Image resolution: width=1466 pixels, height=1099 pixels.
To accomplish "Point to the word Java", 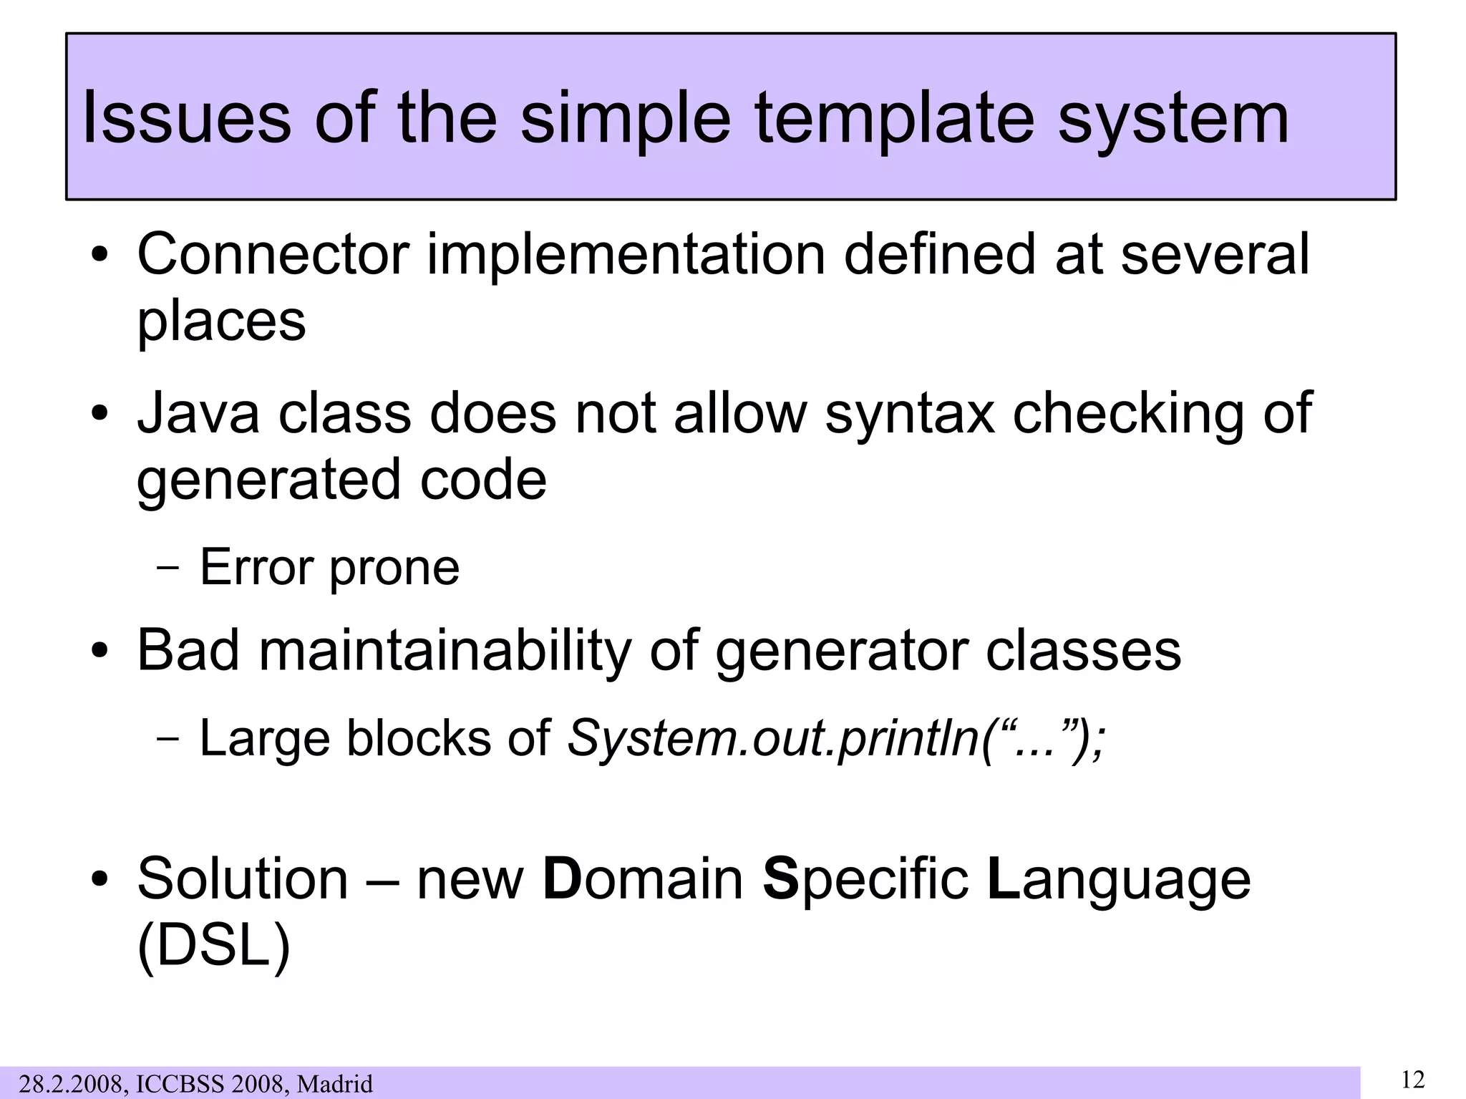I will pyautogui.click(x=198, y=413).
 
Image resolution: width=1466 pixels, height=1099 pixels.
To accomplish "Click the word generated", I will pyautogui.click(x=268, y=480).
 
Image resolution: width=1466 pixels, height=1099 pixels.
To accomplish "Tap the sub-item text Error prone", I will pyautogui.click(x=329, y=567).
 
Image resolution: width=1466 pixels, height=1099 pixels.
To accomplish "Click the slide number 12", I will pyautogui.click(x=1412, y=1079).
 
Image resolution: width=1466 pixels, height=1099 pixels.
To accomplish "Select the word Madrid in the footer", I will pyautogui.click(x=335, y=1084).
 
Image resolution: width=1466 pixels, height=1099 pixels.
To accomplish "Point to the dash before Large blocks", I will pyautogui.click(x=168, y=739).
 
